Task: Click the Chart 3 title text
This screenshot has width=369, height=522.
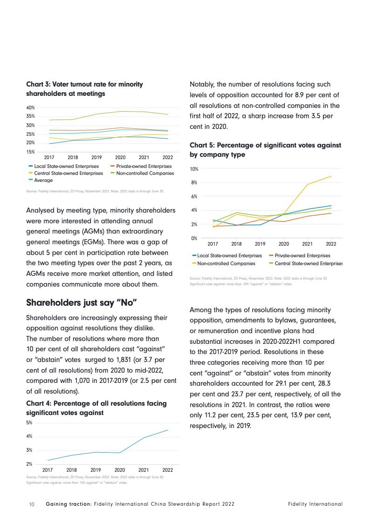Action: (84, 89)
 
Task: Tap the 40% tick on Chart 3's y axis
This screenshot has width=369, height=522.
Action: (30, 108)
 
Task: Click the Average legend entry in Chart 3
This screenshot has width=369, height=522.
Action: (43, 180)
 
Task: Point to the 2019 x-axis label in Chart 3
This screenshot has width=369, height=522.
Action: (96, 157)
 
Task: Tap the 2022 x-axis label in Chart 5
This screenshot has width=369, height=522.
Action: (331, 244)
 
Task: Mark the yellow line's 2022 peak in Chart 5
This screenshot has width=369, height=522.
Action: (331, 176)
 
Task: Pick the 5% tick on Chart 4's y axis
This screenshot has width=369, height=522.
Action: (29, 422)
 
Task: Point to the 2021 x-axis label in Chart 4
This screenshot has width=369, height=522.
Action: (143, 470)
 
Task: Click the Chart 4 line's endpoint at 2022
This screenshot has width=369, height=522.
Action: (168, 430)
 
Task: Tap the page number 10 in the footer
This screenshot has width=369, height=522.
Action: (32, 504)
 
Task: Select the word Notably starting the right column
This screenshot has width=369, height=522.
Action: (202, 85)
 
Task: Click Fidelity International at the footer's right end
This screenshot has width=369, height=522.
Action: (315, 504)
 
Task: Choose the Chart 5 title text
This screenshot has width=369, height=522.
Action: (265, 150)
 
